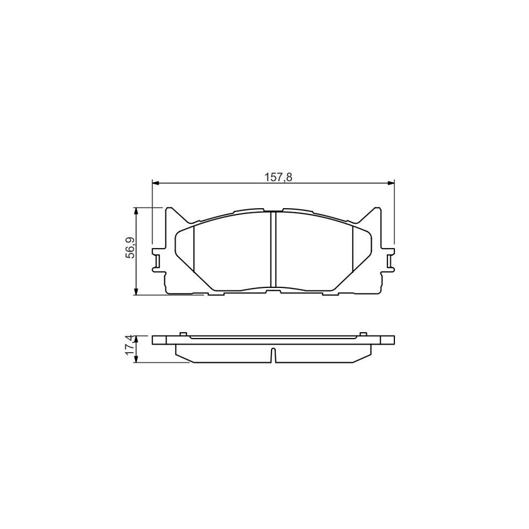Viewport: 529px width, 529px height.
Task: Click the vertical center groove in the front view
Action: tap(273, 250)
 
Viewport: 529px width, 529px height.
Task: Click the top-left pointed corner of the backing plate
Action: tap(171, 209)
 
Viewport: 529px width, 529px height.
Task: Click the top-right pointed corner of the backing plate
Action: tap(376, 209)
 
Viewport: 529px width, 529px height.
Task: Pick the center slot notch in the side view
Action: tap(273, 356)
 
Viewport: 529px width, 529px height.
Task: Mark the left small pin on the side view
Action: tap(184, 334)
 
